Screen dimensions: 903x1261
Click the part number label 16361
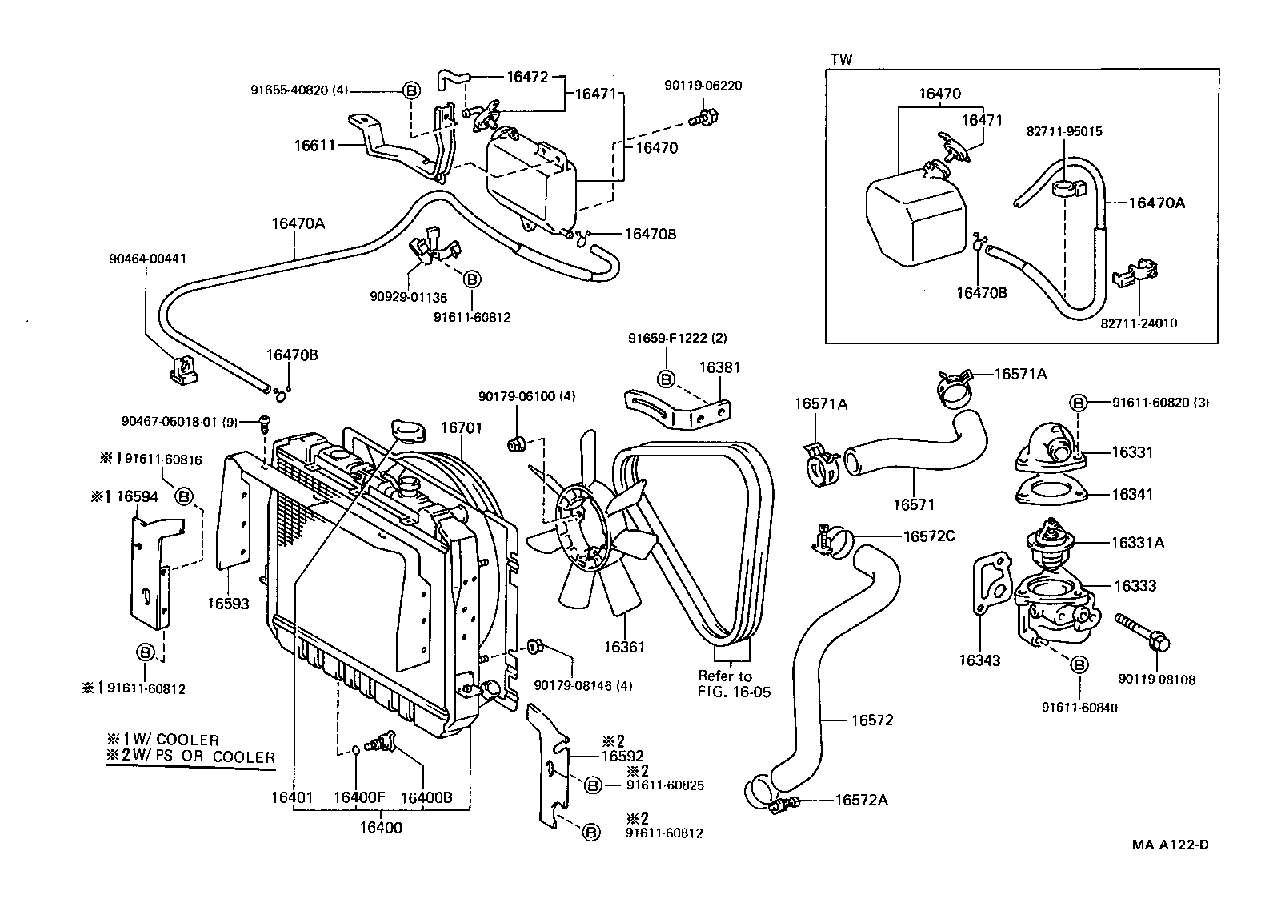point(624,647)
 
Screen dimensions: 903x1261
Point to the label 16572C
point(929,536)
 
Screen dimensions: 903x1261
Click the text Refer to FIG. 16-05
point(734,684)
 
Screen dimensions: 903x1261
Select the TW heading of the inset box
point(841,59)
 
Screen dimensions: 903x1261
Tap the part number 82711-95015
point(1064,130)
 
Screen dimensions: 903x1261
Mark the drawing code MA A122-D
point(1170,845)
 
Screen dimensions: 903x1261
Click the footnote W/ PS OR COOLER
point(198,757)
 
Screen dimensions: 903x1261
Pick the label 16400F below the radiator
point(359,797)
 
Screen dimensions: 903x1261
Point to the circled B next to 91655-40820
point(410,91)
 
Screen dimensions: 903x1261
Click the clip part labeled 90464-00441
point(184,369)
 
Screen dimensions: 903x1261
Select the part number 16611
point(314,145)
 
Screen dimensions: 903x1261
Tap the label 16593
point(229,604)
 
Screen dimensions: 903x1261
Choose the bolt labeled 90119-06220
point(703,118)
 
